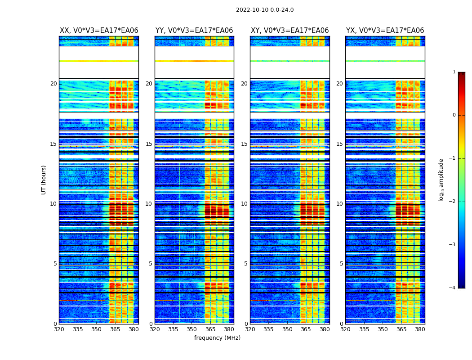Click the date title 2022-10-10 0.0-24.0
(265, 10)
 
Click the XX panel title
(99, 31)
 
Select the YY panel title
(194, 31)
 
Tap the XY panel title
(289, 31)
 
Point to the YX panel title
(385, 31)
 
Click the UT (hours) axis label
(44, 180)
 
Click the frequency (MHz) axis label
(217, 338)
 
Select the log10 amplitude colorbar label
(441, 180)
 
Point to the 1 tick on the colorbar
(454, 72)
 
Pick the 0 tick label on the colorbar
(454, 115)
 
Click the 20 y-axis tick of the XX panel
(53, 84)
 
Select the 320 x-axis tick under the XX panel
(59, 329)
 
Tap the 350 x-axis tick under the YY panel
(192, 329)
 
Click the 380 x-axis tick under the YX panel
(420, 329)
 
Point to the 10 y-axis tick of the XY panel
(244, 204)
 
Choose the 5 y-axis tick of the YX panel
(341, 264)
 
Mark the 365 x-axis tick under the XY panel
(306, 329)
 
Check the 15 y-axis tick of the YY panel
(149, 144)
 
